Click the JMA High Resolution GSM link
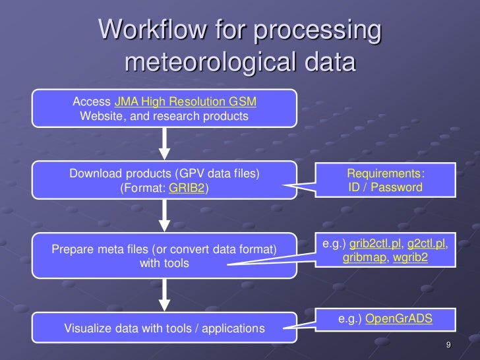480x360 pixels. (x=185, y=102)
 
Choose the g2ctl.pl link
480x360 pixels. (x=427, y=244)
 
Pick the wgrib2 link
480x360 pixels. (x=410, y=258)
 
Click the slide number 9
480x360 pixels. (x=448, y=346)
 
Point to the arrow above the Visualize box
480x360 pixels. (x=165, y=297)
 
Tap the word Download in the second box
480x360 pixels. (x=96, y=173)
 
